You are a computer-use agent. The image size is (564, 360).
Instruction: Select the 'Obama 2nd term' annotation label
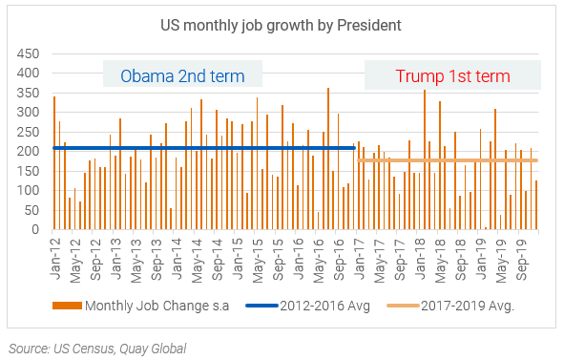182,75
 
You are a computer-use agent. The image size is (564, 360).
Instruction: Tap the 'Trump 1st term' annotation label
452,75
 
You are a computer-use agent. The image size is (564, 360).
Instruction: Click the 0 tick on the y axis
35,230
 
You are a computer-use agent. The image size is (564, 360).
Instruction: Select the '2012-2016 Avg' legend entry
306,306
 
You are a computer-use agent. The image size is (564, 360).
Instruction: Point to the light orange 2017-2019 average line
449,160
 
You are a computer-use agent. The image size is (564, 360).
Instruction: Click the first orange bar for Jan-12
54,163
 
